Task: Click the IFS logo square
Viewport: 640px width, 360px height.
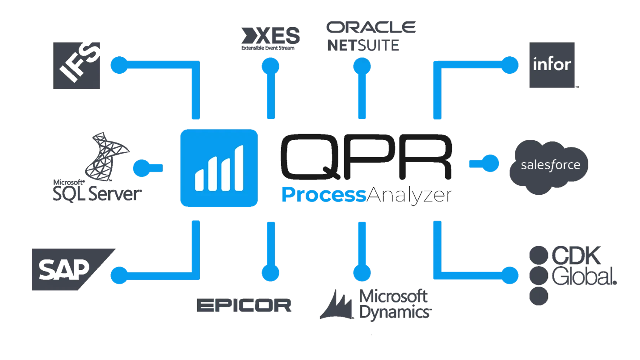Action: coord(76,65)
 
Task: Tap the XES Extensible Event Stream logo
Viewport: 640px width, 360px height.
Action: coord(269,38)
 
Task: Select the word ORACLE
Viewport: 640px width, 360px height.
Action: coord(371,27)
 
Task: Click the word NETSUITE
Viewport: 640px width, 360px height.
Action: coord(362,45)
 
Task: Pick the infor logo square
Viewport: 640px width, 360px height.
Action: coord(552,65)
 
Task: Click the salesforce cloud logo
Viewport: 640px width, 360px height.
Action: coord(549,166)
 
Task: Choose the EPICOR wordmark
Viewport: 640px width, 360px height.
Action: coord(244,306)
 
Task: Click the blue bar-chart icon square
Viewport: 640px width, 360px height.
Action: coord(219,167)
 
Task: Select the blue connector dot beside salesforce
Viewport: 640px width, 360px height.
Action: coord(490,163)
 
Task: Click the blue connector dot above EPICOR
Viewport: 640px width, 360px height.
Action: coord(270,272)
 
